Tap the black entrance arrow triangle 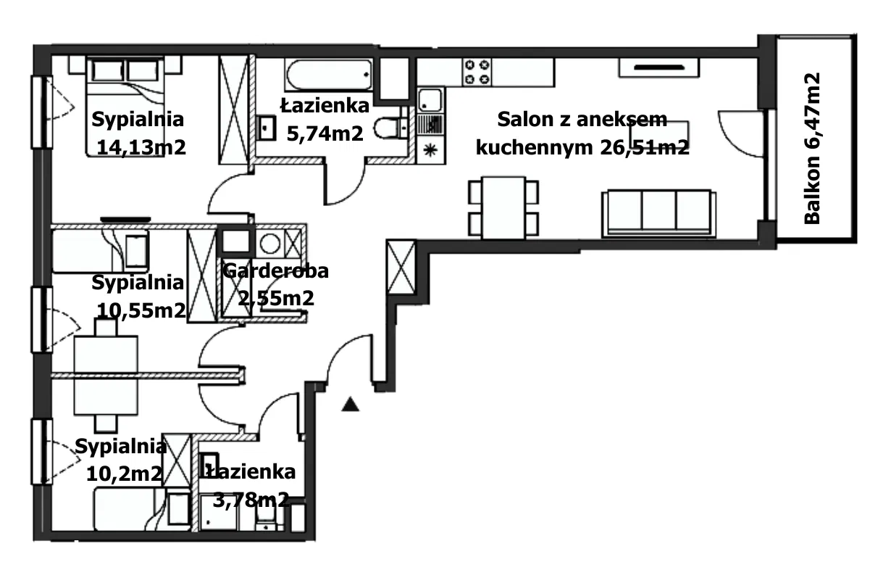(351, 405)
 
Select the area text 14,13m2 (141, 147)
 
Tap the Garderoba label (275, 271)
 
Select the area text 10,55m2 (141, 310)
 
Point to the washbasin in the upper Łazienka (265, 130)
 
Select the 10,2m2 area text (124, 474)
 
